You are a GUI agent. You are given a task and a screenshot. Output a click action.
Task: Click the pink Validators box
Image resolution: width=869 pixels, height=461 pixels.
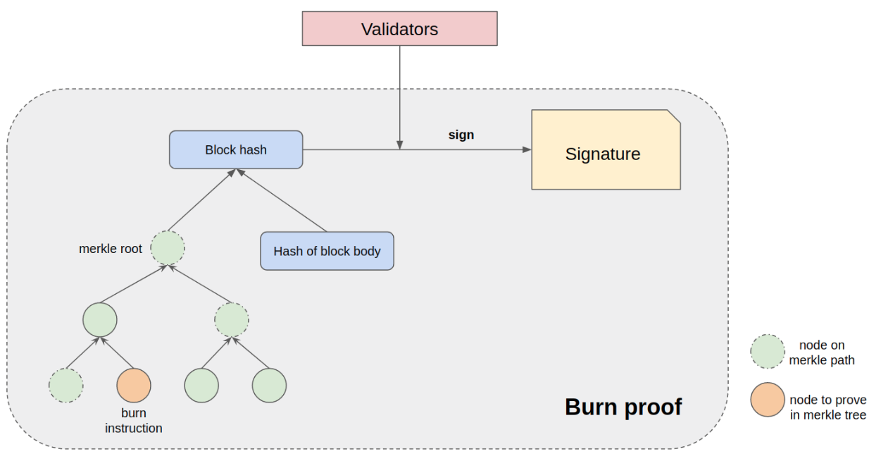click(399, 29)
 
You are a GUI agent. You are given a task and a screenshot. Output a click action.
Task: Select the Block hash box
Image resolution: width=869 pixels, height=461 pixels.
click(236, 149)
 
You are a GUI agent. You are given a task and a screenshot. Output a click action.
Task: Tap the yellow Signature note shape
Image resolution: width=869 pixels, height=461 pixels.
click(606, 150)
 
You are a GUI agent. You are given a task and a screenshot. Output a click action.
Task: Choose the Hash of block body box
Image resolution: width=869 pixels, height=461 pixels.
click(327, 251)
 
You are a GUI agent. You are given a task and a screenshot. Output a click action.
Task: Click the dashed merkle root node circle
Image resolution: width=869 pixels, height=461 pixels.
click(168, 248)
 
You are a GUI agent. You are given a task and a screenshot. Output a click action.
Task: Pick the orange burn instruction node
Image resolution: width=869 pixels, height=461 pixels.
click(134, 386)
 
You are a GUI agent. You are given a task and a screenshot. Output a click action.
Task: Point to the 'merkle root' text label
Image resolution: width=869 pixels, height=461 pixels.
click(111, 249)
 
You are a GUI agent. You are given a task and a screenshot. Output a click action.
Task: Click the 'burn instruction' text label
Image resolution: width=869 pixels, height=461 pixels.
click(134, 420)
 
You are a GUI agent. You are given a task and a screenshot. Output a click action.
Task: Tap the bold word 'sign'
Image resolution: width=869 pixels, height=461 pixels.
click(461, 135)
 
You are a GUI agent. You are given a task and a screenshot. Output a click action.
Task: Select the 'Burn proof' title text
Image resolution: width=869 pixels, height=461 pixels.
click(623, 407)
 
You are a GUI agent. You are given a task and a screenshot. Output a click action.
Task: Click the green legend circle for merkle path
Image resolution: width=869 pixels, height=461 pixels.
click(768, 352)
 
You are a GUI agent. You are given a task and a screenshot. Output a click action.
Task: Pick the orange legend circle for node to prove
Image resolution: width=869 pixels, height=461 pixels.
click(768, 400)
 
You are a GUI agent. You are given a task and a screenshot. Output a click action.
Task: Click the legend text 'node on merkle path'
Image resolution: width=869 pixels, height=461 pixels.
click(822, 352)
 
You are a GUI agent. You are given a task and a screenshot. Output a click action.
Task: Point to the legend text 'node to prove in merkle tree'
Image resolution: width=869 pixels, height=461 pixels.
click(828, 407)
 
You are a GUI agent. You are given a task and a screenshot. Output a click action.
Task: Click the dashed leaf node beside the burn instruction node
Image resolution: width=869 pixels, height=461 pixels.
click(66, 386)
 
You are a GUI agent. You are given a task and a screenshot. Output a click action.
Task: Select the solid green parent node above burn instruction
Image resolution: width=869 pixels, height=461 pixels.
click(100, 319)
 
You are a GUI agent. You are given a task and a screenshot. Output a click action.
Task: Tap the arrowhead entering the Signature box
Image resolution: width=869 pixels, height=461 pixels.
click(527, 149)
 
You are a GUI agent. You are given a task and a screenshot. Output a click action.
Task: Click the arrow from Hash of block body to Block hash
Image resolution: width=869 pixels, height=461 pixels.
click(282, 200)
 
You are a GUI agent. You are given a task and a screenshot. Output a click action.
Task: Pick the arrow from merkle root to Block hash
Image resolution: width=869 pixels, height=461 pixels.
click(201, 200)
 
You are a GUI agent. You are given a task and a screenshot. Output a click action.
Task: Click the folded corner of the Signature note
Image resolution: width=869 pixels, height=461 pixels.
click(674, 116)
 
